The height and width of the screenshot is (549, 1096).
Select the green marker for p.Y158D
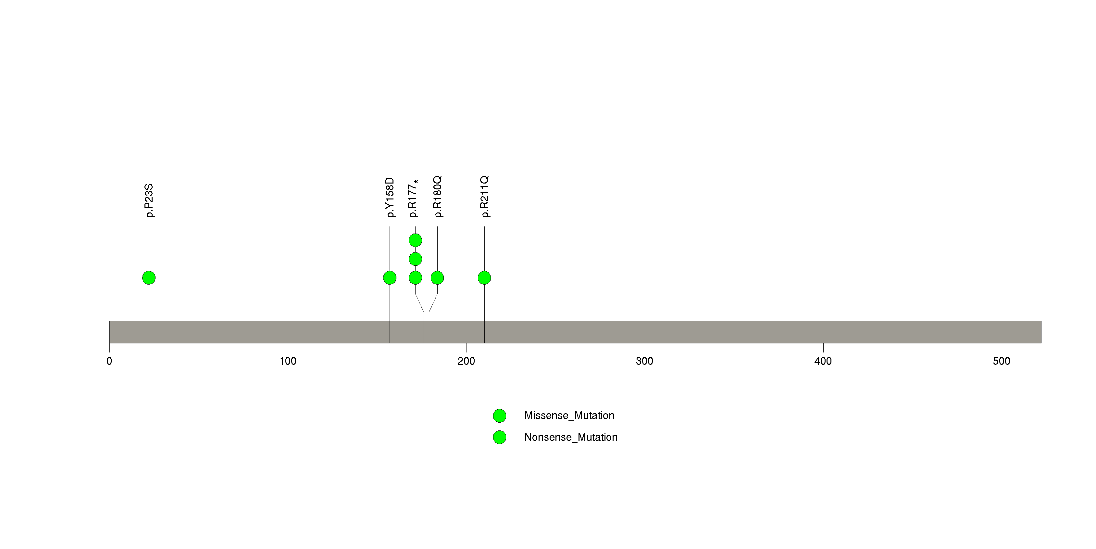(x=390, y=278)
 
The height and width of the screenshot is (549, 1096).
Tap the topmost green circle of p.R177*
(x=415, y=240)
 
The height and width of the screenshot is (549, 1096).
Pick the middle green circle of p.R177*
(x=415, y=259)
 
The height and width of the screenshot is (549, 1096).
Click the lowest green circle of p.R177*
(x=415, y=278)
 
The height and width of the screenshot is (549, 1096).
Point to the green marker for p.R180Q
(x=437, y=278)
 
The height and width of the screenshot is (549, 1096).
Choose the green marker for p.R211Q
(x=484, y=278)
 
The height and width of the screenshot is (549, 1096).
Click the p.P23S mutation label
(x=149, y=201)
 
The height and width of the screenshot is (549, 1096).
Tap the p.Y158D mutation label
(x=390, y=198)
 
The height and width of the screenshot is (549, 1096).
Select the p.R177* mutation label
(x=413, y=198)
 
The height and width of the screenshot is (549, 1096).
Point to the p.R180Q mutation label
(x=438, y=197)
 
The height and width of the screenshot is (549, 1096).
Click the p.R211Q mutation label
(x=485, y=197)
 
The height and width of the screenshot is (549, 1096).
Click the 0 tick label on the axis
(x=109, y=361)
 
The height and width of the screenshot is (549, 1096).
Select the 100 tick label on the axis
(x=288, y=361)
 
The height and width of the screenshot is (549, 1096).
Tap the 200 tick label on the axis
(x=466, y=361)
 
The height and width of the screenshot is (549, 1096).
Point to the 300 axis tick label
(x=644, y=361)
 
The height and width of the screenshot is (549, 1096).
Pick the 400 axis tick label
(x=823, y=361)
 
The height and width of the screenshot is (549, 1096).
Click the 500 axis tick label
(x=1002, y=361)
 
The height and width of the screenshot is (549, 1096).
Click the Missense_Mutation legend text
(x=569, y=416)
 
